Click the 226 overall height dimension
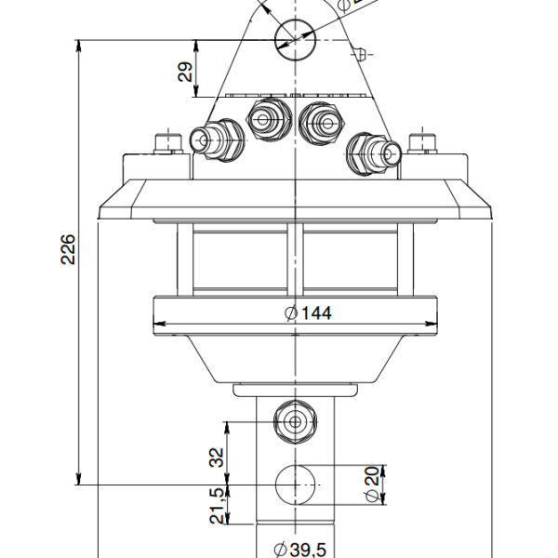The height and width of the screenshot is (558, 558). point(68,248)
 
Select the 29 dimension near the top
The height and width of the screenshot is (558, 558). point(186,73)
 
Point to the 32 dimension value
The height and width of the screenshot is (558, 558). point(217,457)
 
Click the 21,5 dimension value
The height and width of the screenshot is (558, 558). point(217,507)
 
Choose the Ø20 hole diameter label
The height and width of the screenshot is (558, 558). point(372,485)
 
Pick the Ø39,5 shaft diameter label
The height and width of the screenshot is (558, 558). point(299,550)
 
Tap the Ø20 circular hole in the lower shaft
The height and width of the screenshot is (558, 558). point(295,485)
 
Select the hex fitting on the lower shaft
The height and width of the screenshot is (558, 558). point(295,421)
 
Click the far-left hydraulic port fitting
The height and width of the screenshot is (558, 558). point(216,140)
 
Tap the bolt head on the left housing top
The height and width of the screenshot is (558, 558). point(168,143)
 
